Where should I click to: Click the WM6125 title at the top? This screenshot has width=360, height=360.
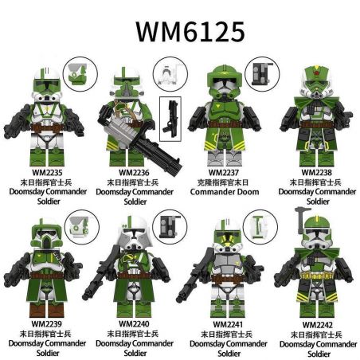(x=180, y=29)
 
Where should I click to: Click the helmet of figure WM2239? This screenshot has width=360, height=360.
(x=45, y=233)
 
